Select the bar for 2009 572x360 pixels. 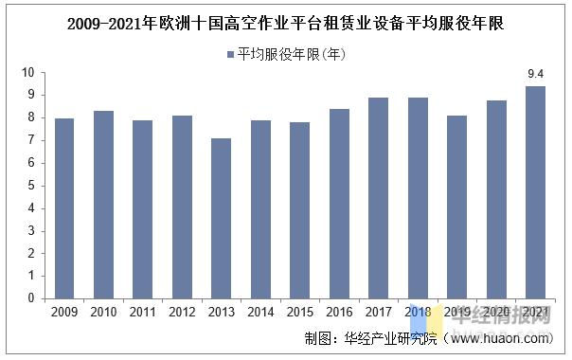pos(64,208)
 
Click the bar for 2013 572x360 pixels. pos(221,218)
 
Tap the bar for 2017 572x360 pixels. pos(378,198)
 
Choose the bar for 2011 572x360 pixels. pos(142,209)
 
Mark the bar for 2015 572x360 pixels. pos(299,210)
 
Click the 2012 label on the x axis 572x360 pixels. pos(182,312)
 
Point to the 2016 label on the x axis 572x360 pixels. pos(339,312)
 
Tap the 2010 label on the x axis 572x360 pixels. pos(103,312)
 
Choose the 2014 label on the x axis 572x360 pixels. pos(260,312)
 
